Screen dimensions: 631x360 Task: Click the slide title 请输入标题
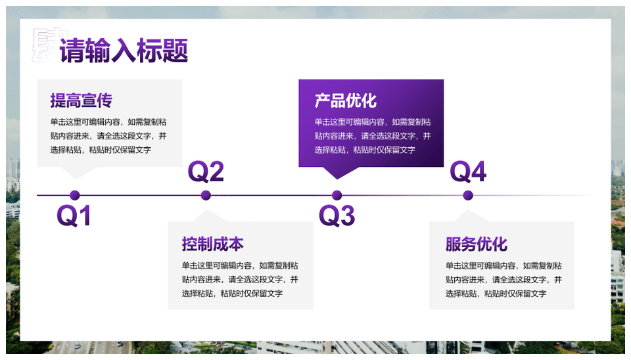(124, 51)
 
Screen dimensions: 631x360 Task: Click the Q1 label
(74, 215)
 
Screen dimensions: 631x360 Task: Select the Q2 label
(206, 171)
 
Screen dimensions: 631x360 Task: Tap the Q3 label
(337, 215)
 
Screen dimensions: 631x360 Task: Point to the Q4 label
(468, 171)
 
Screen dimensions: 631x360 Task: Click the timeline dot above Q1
(74, 196)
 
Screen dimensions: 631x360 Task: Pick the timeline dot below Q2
(206, 196)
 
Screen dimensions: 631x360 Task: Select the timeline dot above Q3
(337, 196)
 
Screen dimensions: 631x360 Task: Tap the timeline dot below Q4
(468, 196)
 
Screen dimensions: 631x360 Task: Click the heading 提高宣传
(82, 101)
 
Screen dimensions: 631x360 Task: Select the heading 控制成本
(212, 244)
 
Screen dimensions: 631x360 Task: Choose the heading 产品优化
(346, 101)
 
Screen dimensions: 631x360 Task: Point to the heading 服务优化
(477, 244)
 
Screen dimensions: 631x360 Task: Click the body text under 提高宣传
(108, 136)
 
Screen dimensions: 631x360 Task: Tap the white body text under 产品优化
(373, 136)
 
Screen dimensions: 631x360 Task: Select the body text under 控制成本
(240, 280)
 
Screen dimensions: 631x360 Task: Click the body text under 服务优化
(503, 280)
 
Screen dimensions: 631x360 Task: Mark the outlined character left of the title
(47, 45)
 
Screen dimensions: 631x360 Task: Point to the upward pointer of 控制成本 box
(209, 216)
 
